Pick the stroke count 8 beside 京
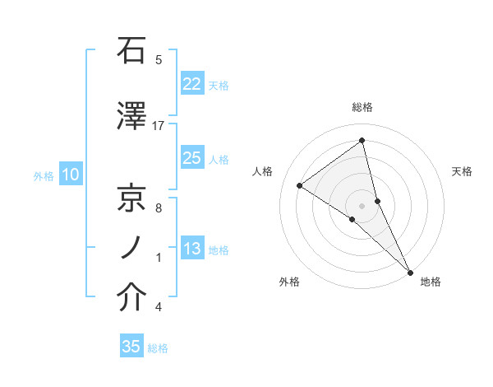point(158,207)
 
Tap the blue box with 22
point(192,84)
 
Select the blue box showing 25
point(192,158)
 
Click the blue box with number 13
point(192,249)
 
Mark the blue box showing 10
point(70,175)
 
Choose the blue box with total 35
point(131,347)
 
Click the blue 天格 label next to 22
point(219,85)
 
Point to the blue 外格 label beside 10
point(43,175)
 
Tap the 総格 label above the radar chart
point(362,107)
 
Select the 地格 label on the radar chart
point(431,282)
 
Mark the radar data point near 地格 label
point(410,271)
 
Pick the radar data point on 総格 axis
point(362,141)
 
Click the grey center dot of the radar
point(362,204)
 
